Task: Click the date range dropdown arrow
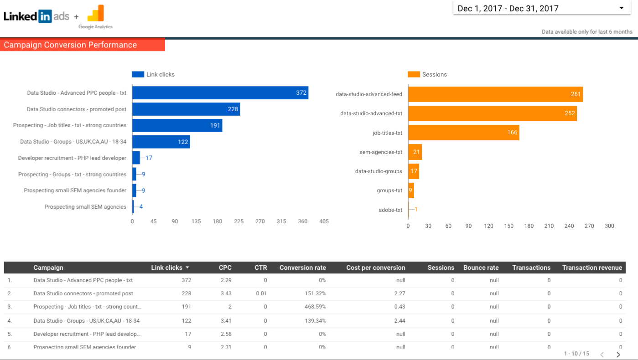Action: [x=621, y=8]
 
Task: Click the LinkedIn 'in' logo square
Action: [x=45, y=16]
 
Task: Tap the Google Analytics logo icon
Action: [x=96, y=14]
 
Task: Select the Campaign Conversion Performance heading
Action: [x=70, y=45]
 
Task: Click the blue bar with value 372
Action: [x=220, y=93]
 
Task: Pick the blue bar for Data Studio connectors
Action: [x=186, y=109]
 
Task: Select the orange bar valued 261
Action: [x=495, y=94]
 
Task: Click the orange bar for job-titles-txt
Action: [x=463, y=133]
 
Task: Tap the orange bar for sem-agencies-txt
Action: [x=415, y=152]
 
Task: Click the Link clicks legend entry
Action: [x=154, y=74]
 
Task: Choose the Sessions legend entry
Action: [x=428, y=74]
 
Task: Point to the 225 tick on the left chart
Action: [x=239, y=221]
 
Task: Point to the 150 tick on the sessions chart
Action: [x=508, y=226]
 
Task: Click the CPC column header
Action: [x=225, y=267]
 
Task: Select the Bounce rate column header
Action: [x=481, y=267]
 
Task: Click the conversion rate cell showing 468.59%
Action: [x=315, y=307]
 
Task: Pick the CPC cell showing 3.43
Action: [x=226, y=293]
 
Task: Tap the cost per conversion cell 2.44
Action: [x=400, y=320]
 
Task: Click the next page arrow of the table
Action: [x=618, y=354]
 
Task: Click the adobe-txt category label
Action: [x=390, y=210]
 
